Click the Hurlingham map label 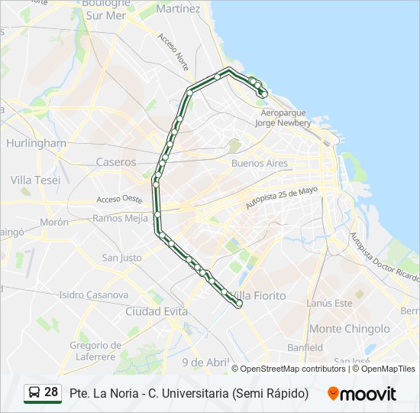[36, 143]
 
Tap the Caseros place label [116, 162]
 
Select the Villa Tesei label [35, 180]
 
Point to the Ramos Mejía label [120, 218]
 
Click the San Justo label [121, 258]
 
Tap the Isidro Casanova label [93, 294]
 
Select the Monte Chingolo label [350, 329]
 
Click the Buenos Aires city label [260, 164]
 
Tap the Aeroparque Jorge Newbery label [283, 118]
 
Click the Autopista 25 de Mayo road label [280, 199]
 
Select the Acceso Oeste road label [120, 200]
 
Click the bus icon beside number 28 [34, 393]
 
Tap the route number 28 [51, 392]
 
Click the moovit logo [362, 394]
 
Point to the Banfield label [305, 347]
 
